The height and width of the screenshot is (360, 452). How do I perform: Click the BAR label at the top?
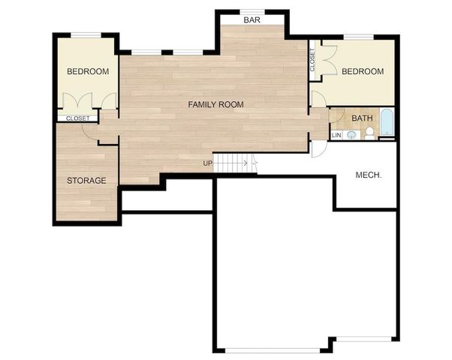pyautogui.click(x=252, y=20)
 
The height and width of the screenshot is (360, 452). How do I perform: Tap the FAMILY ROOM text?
pyautogui.click(x=215, y=104)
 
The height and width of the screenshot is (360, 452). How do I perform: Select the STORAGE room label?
pyautogui.click(x=86, y=181)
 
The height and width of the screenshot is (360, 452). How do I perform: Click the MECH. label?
pyautogui.click(x=369, y=175)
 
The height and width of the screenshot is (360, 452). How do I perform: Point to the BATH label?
pyautogui.click(x=362, y=118)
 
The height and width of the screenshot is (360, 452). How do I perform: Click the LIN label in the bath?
pyautogui.click(x=336, y=135)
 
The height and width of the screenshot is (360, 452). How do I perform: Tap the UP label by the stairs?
pyautogui.click(x=206, y=163)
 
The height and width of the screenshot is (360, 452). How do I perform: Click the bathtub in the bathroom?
pyautogui.click(x=386, y=124)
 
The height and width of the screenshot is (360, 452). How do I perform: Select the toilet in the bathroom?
pyautogui.click(x=369, y=133)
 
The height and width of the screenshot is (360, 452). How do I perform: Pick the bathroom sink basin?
pyautogui.click(x=351, y=135)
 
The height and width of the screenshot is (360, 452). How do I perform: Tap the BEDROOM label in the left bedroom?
pyautogui.click(x=88, y=72)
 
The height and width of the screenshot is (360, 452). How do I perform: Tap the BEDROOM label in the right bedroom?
pyautogui.click(x=363, y=72)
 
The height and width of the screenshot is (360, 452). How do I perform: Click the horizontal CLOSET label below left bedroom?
pyautogui.click(x=78, y=118)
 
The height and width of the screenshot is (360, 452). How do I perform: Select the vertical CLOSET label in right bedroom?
pyautogui.click(x=312, y=59)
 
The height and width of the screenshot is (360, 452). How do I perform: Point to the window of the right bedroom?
pyautogui.click(x=363, y=36)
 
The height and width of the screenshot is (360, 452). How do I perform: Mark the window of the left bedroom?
pyautogui.click(x=87, y=34)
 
